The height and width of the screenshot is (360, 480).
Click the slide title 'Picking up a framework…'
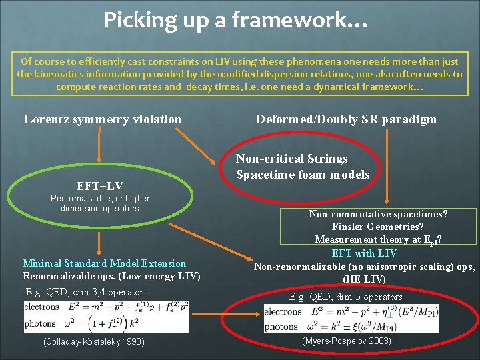235,20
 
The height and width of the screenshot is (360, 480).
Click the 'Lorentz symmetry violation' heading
103,119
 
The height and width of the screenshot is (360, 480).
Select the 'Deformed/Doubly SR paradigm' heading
346,119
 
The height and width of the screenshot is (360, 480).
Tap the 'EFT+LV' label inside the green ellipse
100,185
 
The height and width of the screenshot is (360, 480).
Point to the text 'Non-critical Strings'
292,159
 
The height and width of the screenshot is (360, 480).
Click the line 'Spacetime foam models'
303,175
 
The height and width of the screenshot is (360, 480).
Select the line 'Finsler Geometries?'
377,227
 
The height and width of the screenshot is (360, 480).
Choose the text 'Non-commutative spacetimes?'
377,214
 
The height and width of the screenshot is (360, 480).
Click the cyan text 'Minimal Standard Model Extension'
104,263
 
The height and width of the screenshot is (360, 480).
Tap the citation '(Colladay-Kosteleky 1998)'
93,341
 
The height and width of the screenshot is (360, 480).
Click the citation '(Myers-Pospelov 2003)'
347,341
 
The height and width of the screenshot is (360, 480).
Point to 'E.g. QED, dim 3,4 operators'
87,292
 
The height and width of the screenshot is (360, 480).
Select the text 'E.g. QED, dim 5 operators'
345,297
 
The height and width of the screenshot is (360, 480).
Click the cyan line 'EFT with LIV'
364,253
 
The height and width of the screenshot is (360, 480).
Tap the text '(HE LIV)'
364,279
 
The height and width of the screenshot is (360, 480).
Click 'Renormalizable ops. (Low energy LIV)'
111,276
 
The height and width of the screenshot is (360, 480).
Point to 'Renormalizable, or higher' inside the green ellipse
100,198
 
